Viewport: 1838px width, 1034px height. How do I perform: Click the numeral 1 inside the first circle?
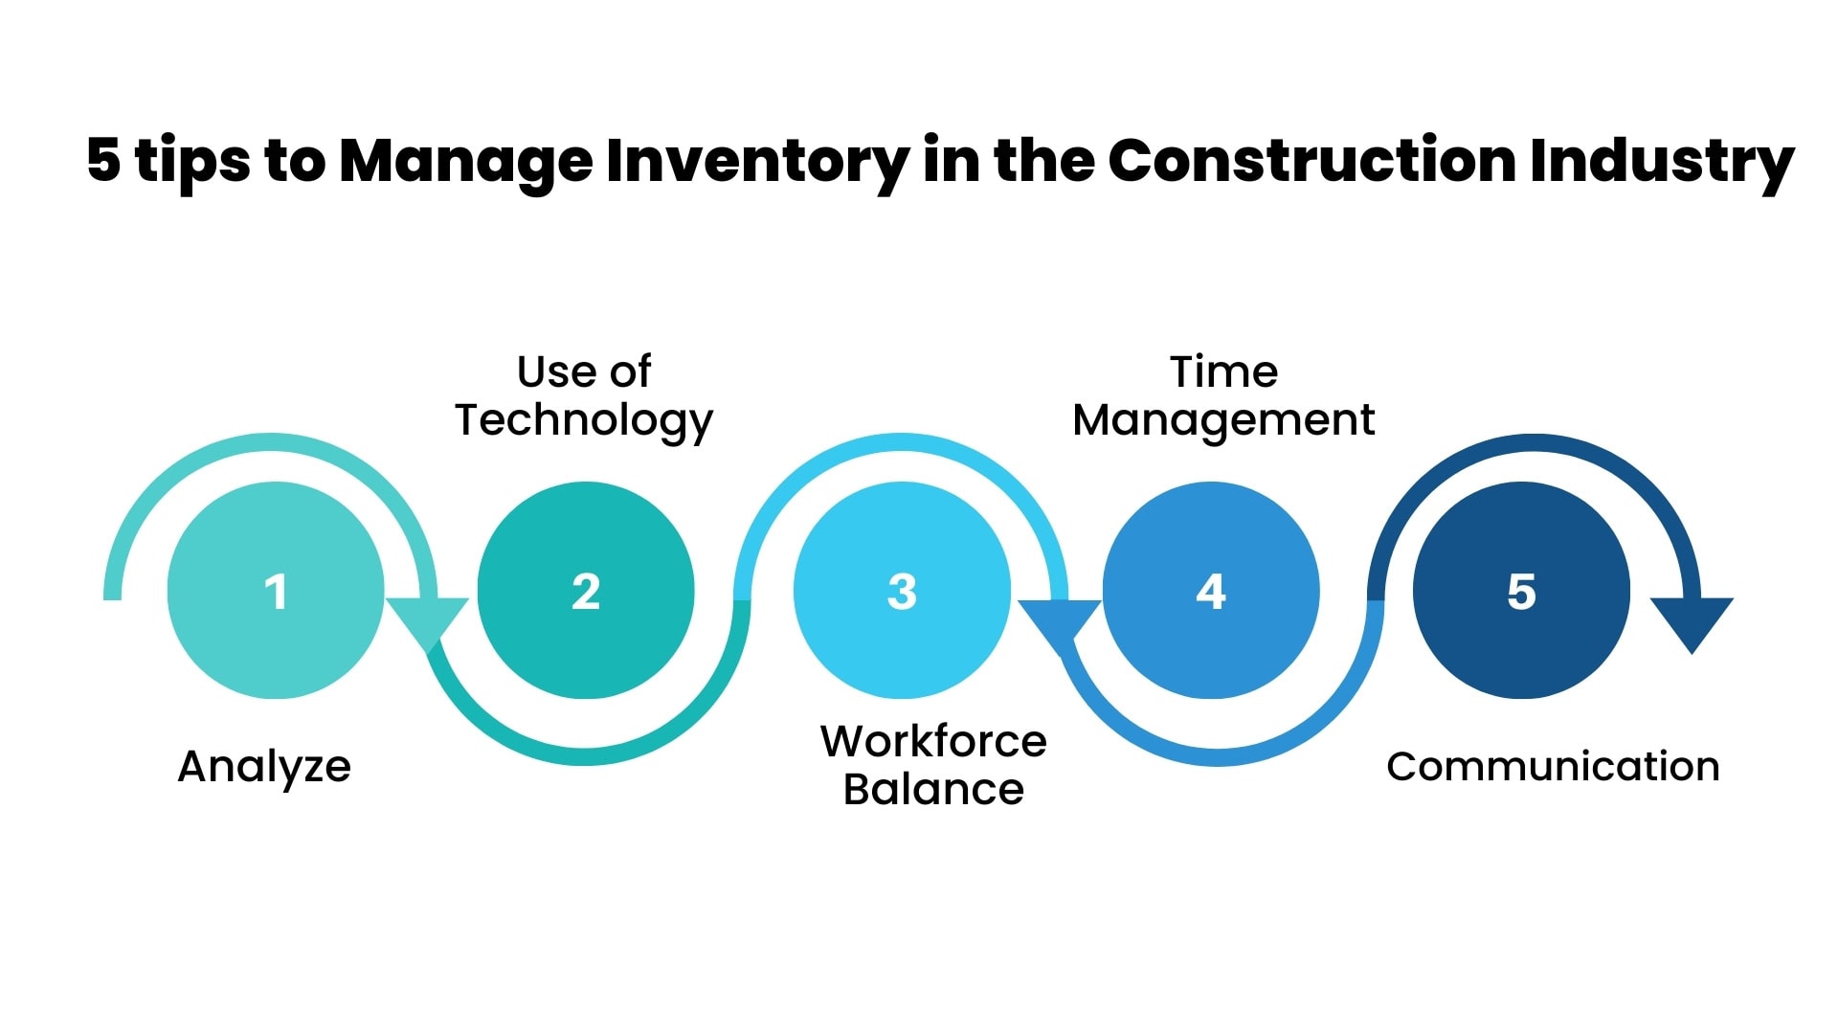pos(276,592)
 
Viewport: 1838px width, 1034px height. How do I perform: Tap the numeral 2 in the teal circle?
pos(586,592)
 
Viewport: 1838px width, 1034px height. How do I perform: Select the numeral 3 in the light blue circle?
pos(902,592)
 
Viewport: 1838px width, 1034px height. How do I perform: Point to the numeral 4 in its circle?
pos(1211,592)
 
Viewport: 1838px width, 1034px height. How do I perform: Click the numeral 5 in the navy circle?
pos(1521,592)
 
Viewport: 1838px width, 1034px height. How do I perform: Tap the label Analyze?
pos(264,767)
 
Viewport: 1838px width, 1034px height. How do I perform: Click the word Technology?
pos(584,420)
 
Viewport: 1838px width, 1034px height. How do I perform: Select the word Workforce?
pos(933,741)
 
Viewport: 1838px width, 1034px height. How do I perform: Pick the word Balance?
pos(933,790)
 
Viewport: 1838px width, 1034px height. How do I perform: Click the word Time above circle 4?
pos(1223,371)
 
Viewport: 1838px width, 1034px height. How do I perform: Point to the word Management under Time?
pos(1223,420)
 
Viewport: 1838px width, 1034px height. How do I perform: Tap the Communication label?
pos(1553,767)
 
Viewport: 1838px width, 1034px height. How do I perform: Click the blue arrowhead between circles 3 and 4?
pos(1059,622)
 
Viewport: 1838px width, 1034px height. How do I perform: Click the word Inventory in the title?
pos(757,161)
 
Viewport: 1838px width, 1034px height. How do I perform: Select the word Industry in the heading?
pos(1662,161)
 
